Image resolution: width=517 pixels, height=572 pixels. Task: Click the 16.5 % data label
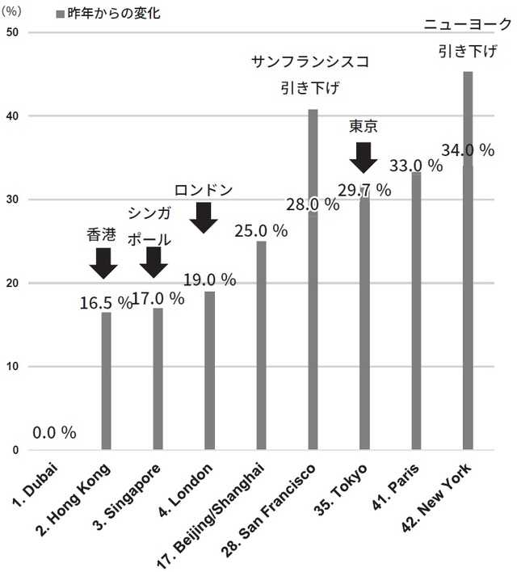106,303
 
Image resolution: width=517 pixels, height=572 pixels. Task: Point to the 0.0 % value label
54,433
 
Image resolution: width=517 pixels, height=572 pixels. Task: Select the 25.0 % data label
261,231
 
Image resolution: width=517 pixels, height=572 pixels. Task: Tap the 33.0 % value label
416,166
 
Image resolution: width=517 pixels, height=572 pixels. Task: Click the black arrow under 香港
103,263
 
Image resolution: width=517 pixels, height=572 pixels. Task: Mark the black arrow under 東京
364,157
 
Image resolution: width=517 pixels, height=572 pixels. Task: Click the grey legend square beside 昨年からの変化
60,15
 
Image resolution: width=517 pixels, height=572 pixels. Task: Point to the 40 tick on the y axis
11,116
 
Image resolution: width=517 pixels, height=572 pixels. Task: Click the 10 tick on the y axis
11,367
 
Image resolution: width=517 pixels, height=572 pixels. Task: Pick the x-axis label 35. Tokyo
343,490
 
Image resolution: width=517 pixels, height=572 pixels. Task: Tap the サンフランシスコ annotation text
310,62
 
